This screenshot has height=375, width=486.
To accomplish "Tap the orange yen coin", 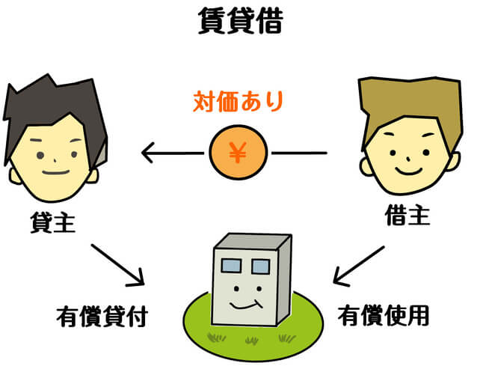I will point(238,153).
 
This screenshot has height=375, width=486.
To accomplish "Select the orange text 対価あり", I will point(238,101).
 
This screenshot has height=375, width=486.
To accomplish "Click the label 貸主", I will point(52,223).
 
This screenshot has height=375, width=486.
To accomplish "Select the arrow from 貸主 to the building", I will point(117,263).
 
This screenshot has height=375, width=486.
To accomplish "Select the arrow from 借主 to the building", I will point(360,266).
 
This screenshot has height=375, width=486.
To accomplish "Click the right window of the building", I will point(259,266).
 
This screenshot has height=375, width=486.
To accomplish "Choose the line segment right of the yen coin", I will point(299,153).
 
